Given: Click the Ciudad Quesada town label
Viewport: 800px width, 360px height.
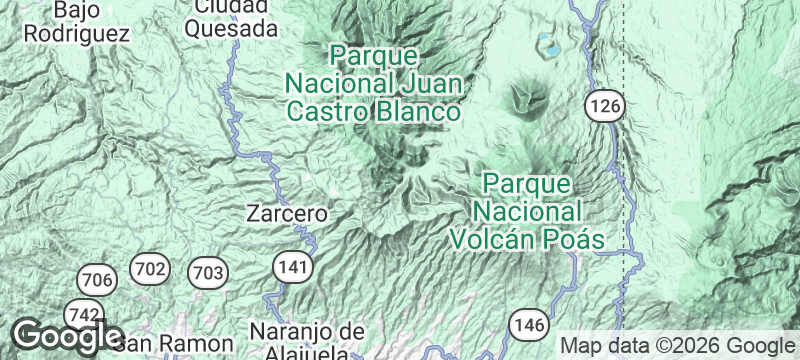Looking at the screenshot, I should pos(231,18).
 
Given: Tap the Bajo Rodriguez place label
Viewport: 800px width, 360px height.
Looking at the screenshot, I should pos(77,21).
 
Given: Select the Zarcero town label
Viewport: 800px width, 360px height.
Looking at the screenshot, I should pos(288,213).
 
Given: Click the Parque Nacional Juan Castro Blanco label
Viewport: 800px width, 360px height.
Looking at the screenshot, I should pos(374,82).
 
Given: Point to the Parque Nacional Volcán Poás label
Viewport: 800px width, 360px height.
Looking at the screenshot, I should pos(527,212).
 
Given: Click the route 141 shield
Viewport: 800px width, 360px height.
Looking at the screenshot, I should pos(291,265).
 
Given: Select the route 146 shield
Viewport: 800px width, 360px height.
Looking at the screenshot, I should pos(527,324).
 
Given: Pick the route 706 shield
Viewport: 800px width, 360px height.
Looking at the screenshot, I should pos(96,279).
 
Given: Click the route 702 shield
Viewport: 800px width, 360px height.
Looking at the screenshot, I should pos(150,268).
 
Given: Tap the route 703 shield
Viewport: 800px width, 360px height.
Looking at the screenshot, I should pos(208,272).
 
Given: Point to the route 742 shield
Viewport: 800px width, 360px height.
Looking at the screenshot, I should pos(83,315).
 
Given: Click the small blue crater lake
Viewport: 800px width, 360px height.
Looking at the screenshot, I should pos(549,44).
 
